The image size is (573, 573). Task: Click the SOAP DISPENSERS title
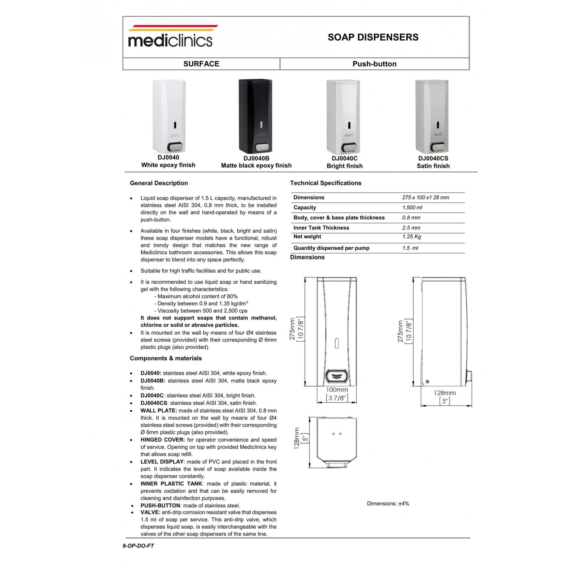tap(373, 37)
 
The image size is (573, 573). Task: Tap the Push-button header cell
tap(374, 64)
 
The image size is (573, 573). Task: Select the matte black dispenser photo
tap(255, 116)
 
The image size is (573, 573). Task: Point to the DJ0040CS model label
tap(433, 158)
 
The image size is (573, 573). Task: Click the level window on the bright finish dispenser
tap(349, 125)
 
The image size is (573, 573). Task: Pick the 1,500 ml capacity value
tap(412, 208)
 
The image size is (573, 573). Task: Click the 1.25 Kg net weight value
tap(411, 237)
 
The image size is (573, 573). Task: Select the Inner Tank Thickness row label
tap(321, 228)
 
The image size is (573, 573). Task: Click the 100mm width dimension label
tap(337, 390)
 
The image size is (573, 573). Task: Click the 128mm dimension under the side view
tap(445, 393)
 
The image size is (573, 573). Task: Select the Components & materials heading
tap(166, 358)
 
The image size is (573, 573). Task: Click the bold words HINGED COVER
tap(162, 440)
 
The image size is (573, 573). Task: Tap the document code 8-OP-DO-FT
tap(138, 546)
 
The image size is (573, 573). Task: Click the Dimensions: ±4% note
tap(388, 504)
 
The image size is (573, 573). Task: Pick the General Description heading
tap(159, 183)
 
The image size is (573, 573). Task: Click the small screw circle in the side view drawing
tap(427, 382)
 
